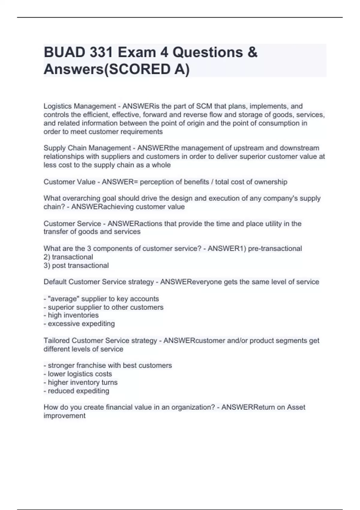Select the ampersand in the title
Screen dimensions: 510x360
click(253, 52)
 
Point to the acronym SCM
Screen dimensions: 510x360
click(204, 106)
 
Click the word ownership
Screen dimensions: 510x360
click(271, 182)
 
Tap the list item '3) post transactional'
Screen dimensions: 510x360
click(76, 265)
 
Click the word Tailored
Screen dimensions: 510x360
click(56, 341)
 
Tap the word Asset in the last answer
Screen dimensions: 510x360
click(296, 407)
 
